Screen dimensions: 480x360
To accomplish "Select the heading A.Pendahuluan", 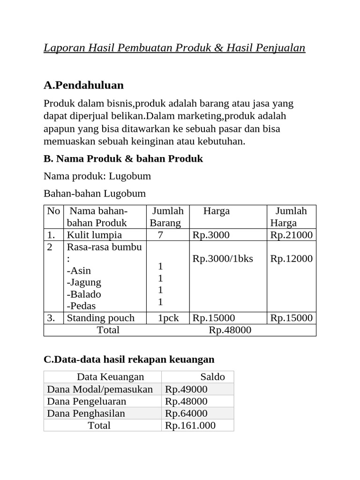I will point(83,85).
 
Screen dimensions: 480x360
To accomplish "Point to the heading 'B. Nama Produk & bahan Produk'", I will point(123,159).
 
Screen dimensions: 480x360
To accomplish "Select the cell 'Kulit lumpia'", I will point(94,235).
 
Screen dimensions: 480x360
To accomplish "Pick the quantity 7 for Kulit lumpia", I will point(160,235).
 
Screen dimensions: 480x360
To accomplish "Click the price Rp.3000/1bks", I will point(223,259).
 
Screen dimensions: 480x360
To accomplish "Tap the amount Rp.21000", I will point(291,235).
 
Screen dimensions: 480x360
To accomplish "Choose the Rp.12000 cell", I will point(291,259).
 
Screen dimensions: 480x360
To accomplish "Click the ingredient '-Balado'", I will point(84,294).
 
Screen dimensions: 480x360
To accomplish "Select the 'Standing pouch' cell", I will point(100,318).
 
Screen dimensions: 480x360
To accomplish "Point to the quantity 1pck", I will point(168,318).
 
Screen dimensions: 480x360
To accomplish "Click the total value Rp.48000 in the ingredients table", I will point(230,330).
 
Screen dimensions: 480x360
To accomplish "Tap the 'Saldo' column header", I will point(212,377).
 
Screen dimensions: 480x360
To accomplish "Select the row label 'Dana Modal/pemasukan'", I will point(100,389).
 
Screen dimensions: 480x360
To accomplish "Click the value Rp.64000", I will point(186,413).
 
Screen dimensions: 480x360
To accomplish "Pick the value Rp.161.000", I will point(190,426).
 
